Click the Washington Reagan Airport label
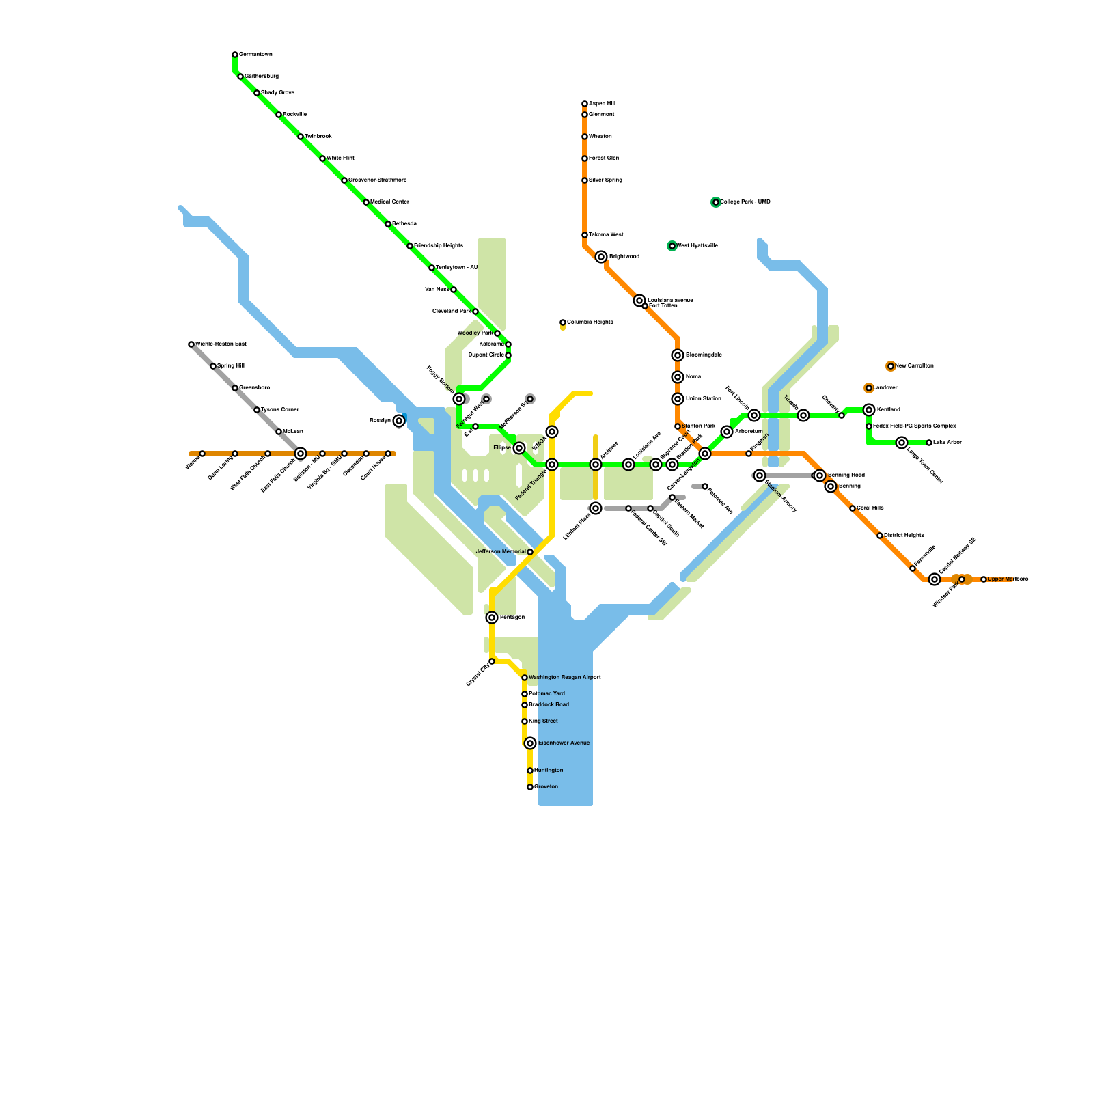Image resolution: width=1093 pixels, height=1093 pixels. (564, 678)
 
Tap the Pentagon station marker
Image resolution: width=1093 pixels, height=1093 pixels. (492, 618)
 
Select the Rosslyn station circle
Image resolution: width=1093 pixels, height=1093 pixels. (399, 421)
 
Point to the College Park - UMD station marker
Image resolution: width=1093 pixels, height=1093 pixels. (716, 202)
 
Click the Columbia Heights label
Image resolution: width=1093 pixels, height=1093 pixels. (590, 322)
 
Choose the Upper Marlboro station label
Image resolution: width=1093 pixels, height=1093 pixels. (1008, 579)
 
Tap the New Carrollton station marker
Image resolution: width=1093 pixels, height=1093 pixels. (891, 366)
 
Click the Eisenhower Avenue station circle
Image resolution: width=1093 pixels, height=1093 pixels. (530, 743)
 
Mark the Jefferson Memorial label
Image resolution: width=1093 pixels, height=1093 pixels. (501, 552)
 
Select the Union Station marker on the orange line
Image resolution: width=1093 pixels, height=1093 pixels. (678, 399)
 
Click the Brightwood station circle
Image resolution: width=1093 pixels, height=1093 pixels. (601, 257)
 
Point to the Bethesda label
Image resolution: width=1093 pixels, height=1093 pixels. (404, 224)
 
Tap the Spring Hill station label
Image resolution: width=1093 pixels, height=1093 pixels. (230, 366)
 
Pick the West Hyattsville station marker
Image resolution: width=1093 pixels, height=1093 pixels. (672, 246)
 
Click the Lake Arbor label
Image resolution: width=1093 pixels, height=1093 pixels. (947, 443)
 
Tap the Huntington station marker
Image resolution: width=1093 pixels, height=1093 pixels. (530, 771)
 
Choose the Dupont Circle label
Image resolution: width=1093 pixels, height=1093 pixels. (486, 355)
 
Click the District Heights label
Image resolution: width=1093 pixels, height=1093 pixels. (904, 536)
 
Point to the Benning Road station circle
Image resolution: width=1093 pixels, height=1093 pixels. (820, 475)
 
